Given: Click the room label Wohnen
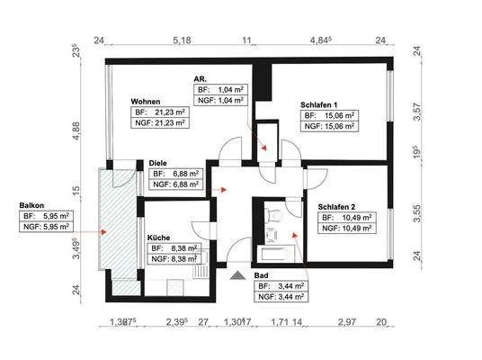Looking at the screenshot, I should click(146, 102).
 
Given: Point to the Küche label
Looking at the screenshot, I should click(160, 238).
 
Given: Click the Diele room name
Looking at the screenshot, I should click(159, 164).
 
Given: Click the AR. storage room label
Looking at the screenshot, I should click(201, 79).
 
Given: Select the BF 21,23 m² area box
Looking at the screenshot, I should click(160, 112).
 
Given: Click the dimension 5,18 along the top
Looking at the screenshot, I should click(183, 40).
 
